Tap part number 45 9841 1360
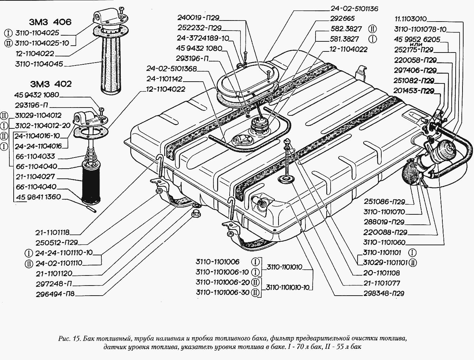click(x=38, y=197)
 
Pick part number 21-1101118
click(x=52, y=232)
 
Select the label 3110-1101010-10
click(x=289, y=287)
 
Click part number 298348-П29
click(x=383, y=293)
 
